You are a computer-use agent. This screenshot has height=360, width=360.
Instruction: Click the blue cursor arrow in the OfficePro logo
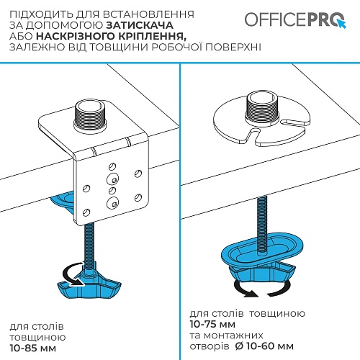point(342,24)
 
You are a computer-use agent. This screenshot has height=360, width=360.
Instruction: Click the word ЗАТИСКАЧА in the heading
point(140,25)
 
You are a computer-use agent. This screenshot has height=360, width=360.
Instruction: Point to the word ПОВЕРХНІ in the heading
point(233,47)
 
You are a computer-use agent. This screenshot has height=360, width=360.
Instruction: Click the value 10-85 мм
point(33,348)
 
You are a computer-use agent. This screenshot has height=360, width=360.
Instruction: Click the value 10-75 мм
point(212,324)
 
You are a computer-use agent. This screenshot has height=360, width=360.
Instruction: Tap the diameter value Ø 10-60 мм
point(264,346)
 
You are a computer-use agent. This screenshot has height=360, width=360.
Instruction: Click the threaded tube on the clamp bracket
point(89,114)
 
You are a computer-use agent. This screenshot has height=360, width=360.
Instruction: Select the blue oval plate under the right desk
point(261,248)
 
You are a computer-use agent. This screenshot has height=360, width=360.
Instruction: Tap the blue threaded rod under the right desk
point(262,225)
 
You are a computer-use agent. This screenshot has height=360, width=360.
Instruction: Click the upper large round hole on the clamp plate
point(112,179)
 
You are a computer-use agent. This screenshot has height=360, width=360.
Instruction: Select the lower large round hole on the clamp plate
point(112,203)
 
